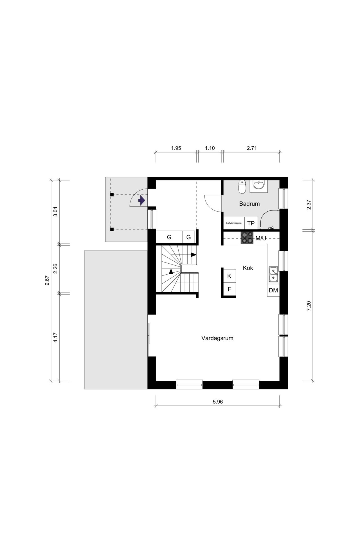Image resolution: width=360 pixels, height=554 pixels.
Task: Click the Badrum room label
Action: pyautogui.click(x=249, y=204)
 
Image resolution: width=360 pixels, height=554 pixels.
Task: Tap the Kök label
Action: pyautogui.click(x=248, y=268)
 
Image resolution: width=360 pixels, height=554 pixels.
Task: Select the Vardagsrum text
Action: pyautogui.click(x=217, y=338)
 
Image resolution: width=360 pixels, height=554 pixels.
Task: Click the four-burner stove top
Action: pyautogui.click(x=247, y=237)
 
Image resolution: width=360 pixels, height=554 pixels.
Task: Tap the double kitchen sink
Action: pyautogui.click(x=273, y=274)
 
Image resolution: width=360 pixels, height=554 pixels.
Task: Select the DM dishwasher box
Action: pyautogui.click(x=273, y=290)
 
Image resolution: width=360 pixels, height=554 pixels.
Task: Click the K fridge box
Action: pyautogui.click(x=229, y=276)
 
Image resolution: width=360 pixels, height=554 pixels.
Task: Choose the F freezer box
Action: pyautogui.click(x=229, y=289)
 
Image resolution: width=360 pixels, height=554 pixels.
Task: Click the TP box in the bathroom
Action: pyautogui.click(x=251, y=223)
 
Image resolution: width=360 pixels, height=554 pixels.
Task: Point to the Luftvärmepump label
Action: pyautogui.click(x=234, y=223)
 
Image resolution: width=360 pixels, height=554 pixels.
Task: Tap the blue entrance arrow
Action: pyautogui.click(x=141, y=201)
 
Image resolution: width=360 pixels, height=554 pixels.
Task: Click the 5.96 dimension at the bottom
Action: pyautogui.click(x=218, y=402)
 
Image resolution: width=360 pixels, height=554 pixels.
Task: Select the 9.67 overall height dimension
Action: pyautogui.click(x=47, y=280)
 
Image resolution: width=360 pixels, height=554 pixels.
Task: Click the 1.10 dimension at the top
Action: pyautogui.click(x=210, y=148)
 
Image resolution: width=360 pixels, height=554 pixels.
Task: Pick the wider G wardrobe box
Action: pyautogui.click(x=169, y=237)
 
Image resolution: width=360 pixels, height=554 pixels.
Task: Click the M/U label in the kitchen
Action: pyautogui.click(x=261, y=239)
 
